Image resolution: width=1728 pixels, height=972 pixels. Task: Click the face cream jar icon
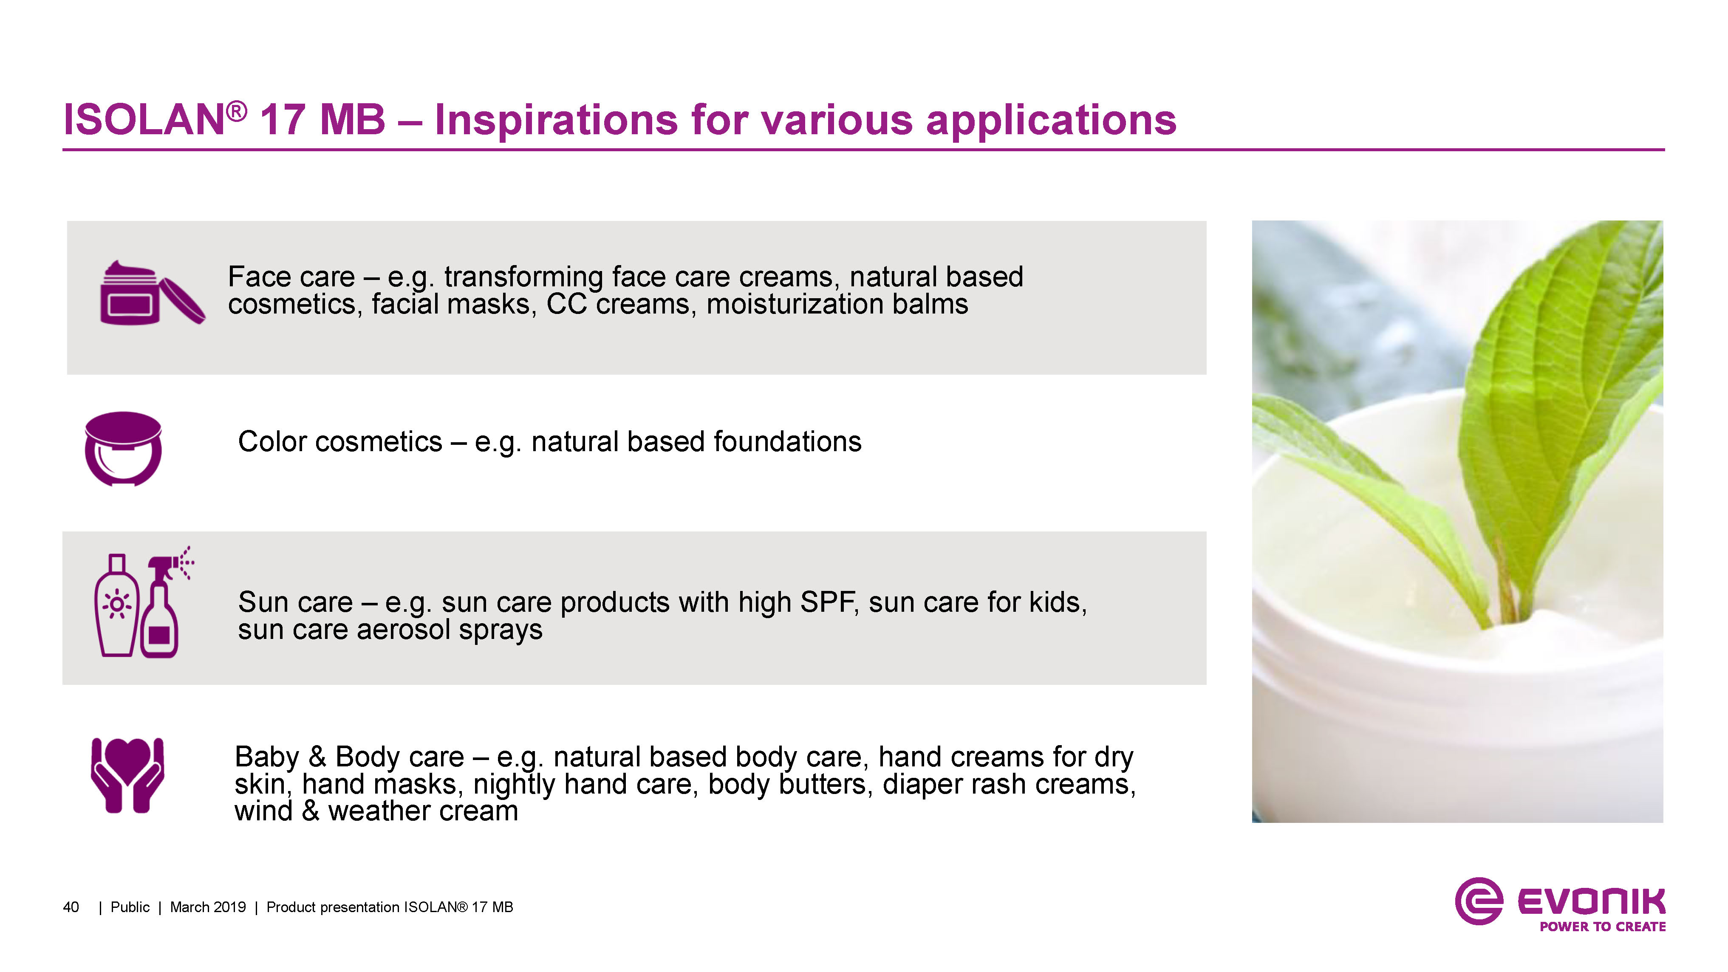(x=152, y=293)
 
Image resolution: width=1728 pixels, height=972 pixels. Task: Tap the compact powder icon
(x=123, y=449)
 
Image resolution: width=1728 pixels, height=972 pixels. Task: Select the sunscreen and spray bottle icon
(x=143, y=602)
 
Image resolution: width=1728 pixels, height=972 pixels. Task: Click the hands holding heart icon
(x=127, y=775)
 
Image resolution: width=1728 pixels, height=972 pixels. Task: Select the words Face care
(x=291, y=277)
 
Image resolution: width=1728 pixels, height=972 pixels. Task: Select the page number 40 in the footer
(x=71, y=907)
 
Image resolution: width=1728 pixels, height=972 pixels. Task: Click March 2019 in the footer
(x=208, y=907)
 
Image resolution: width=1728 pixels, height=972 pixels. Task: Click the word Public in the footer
(x=130, y=907)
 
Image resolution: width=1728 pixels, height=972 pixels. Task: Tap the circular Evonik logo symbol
(x=1479, y=901)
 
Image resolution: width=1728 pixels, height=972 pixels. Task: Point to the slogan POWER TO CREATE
(x=1603, y=927)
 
